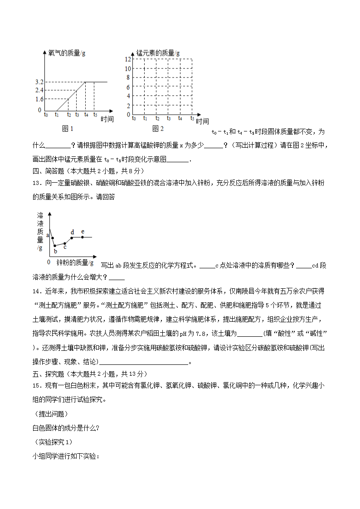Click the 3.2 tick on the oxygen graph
coord(39,82)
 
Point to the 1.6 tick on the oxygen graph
coord(39,99)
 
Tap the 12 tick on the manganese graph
coord(128,59)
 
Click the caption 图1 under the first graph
coord(68,129)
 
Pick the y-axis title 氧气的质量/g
coord(67,53)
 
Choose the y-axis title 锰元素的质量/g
coord(158,53)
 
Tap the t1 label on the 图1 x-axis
coord(57,115)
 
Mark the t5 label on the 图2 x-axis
coord(192,118)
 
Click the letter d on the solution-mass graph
coord(72,232)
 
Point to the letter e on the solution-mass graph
coord(83,232)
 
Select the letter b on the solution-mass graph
coord(55,251)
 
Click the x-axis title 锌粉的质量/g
coord(76,262)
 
